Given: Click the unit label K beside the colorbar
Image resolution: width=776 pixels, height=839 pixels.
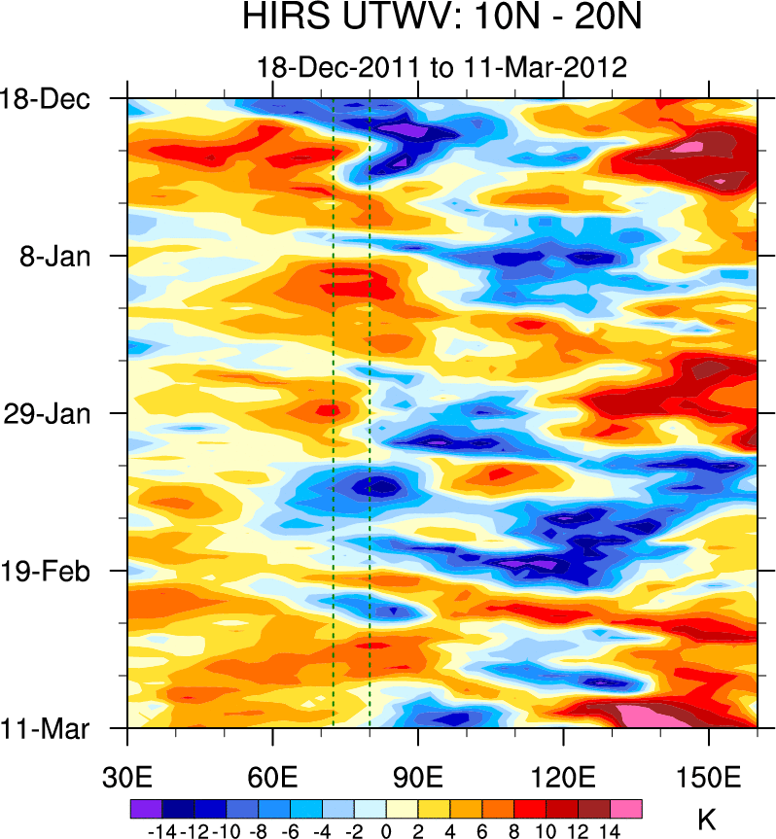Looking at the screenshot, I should coord(707,819).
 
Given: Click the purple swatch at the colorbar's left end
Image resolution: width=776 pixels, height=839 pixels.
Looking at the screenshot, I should coord(145,809).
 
